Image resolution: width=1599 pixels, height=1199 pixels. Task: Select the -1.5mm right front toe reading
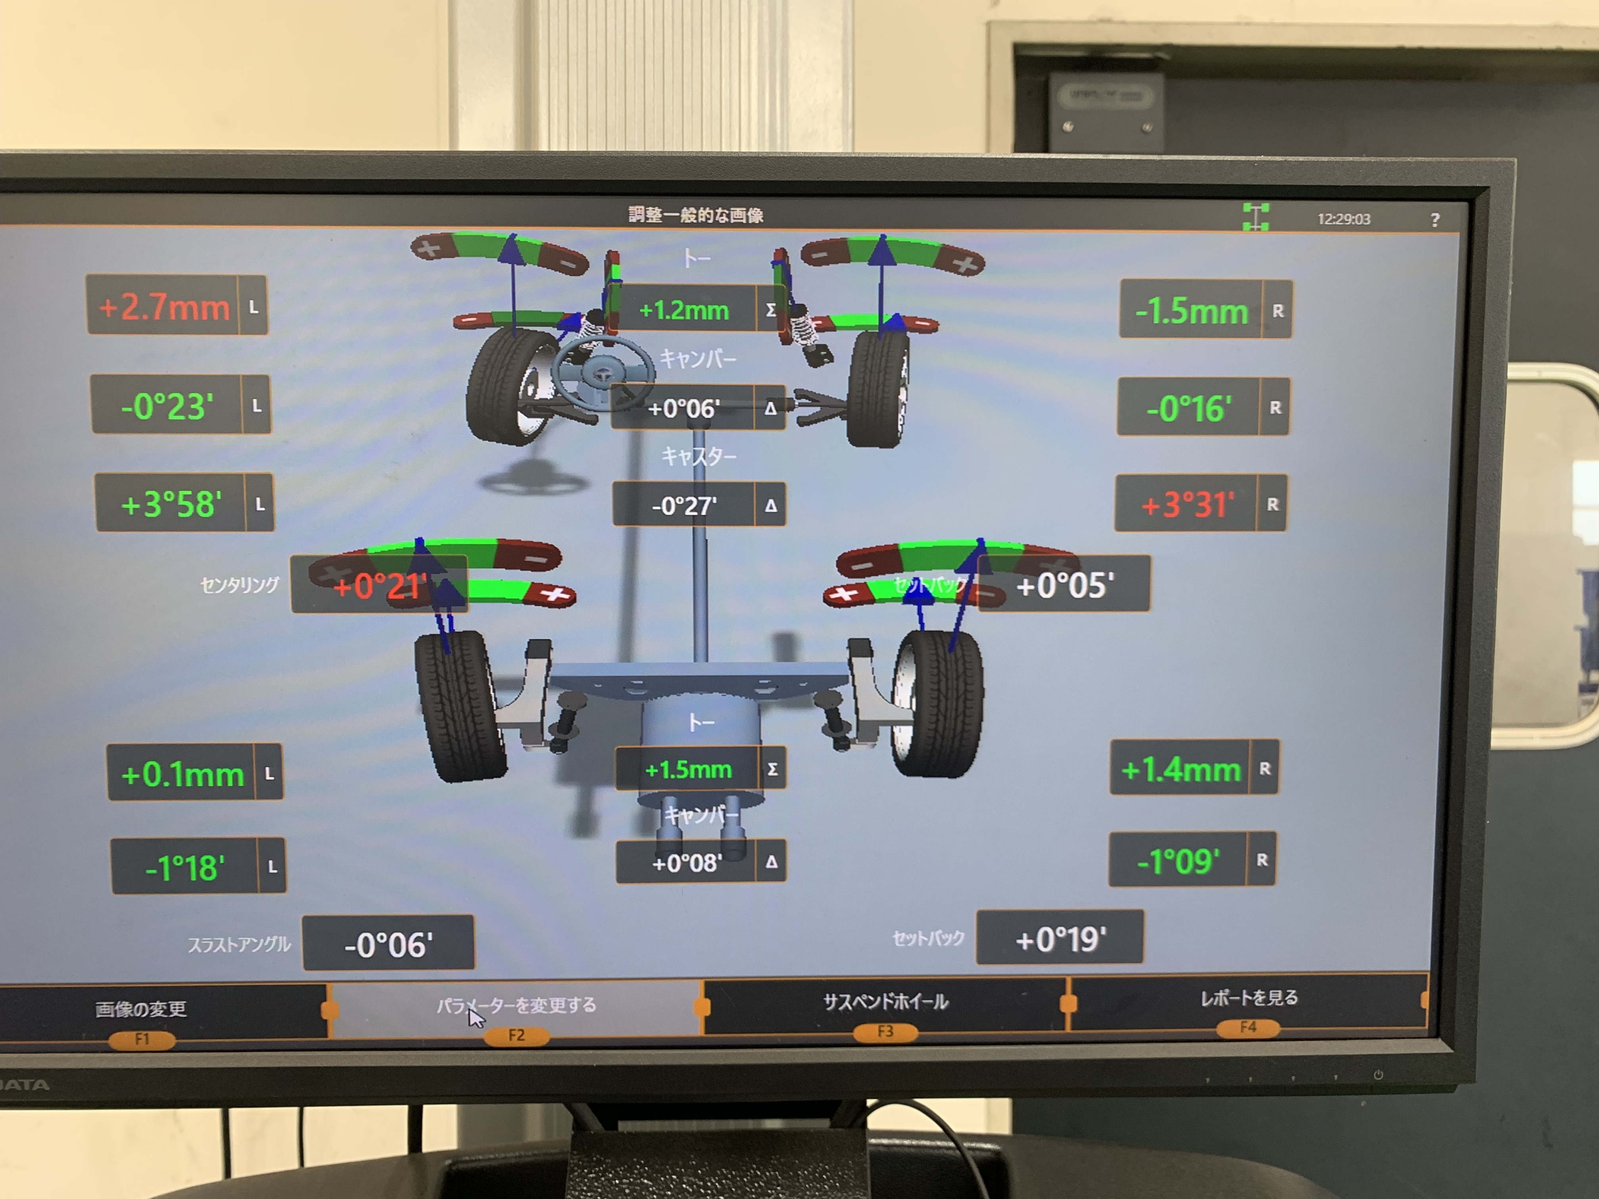coord(1191,311)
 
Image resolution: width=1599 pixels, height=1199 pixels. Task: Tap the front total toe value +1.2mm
coord(684,310)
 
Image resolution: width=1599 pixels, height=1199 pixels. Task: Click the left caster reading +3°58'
coord(171,504)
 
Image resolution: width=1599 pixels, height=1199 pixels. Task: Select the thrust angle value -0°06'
coord(388,944)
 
